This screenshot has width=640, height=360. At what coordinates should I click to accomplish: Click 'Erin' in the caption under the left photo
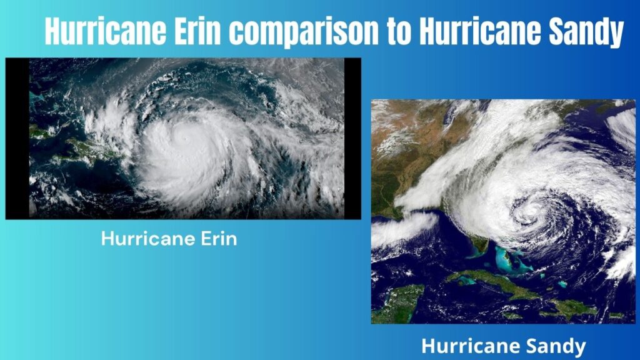[x=218, y=239]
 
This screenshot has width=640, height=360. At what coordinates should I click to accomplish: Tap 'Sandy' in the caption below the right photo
[x=556, y=346]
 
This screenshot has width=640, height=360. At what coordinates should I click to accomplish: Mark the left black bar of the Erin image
[x=17, y=137]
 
